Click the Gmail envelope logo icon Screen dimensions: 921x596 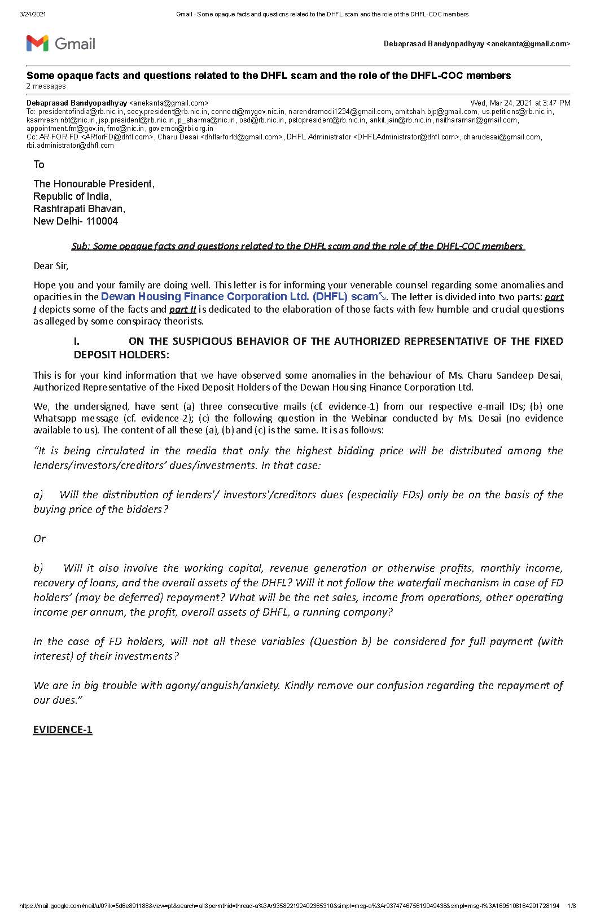37,43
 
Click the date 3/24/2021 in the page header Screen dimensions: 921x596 33,14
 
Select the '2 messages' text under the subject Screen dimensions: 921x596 46,86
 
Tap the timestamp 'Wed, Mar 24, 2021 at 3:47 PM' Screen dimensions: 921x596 520,103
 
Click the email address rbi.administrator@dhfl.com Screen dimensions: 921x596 71,146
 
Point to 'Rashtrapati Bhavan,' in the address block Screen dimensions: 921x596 79,209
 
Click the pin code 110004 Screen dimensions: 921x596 102,221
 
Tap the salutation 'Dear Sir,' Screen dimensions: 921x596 51,266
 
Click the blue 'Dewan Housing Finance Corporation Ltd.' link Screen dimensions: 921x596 205,297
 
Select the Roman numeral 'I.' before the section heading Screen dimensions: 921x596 77,341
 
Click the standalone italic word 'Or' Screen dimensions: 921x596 40,539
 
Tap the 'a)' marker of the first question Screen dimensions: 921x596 38,495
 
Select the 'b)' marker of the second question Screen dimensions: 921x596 38,568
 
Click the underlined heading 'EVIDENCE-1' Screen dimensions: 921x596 63,730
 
